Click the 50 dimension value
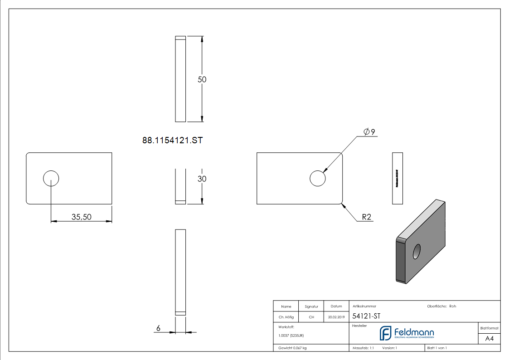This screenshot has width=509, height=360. point(202,79)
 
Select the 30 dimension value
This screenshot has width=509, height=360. point(202,179)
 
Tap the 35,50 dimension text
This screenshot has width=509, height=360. point(82,217)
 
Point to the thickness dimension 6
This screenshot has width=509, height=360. point(158,328)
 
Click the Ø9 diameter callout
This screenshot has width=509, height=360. point(369,132)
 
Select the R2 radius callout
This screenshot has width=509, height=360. point(366,218)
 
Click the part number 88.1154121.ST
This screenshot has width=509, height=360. point(172,141)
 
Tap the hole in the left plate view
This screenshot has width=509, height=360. point(51,179)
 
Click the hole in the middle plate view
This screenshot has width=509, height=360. point(318,179)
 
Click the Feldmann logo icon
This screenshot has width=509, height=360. point(385,333)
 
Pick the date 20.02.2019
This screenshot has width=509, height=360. point(336,317)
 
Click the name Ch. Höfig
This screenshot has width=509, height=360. point(286,317)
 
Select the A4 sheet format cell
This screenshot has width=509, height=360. point(490,339)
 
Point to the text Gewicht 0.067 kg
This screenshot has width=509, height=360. point(292,348)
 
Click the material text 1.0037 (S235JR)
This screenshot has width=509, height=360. point(291,336)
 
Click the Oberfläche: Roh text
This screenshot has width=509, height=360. point(441,306)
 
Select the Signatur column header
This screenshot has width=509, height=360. point(311,306)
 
